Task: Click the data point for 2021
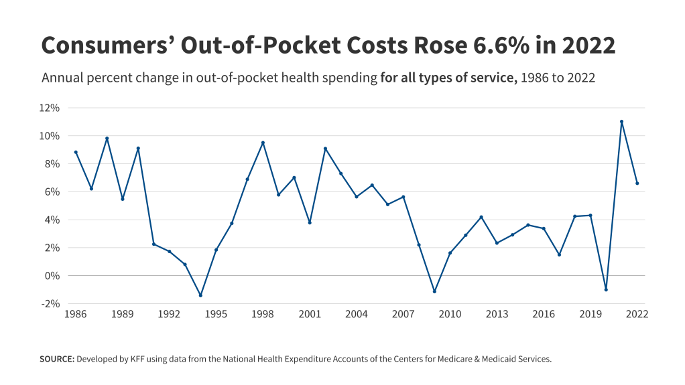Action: [621, 122]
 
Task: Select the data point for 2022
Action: [637, 183]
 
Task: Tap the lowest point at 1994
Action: [200, 295]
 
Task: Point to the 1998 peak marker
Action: [263, 143]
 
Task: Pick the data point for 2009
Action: [434, 291]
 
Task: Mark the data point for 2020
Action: [606, 289]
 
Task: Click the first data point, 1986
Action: [76, 152]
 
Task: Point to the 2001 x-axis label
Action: [309, 314]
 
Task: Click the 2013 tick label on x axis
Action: [497, 314]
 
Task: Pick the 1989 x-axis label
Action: [122, 314]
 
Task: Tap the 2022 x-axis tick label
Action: [637, 314]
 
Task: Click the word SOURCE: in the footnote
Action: [57, 359]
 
